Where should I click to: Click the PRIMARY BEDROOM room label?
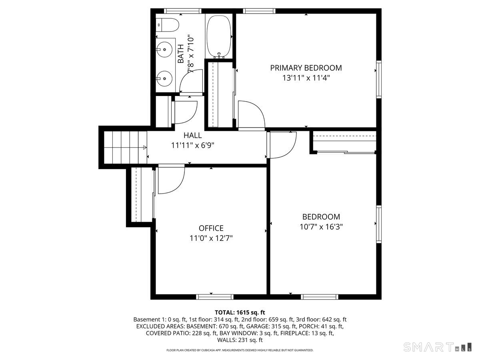(x=306, y=68)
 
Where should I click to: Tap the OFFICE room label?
(x=211, y=228)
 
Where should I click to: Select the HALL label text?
(x=192, y=135)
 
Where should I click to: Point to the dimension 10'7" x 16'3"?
(x=321, y=226)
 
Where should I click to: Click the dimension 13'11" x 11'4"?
(x=306, y=78)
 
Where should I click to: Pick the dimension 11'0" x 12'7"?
(x=211, y=238)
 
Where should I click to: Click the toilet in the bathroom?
(x=167, y=25)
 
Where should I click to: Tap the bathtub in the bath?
(x=219, y=36)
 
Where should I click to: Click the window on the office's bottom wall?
(x=215, y=296)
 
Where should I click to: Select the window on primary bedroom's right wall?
(x=378, y=79)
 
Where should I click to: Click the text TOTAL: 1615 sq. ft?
(x=240, y=312)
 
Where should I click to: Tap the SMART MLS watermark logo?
(x=436, y=347)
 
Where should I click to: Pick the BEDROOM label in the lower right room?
(x=321, y=217)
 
